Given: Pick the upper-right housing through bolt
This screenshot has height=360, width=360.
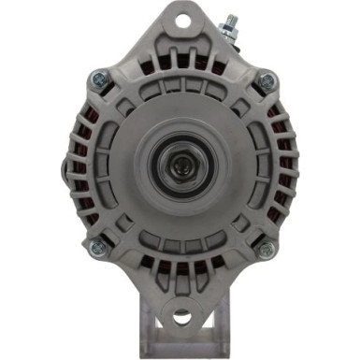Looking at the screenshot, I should pos(266,80).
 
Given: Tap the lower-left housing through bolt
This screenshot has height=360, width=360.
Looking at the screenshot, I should pos(94,248).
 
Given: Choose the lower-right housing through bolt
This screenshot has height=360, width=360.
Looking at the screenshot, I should pos(265,249).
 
